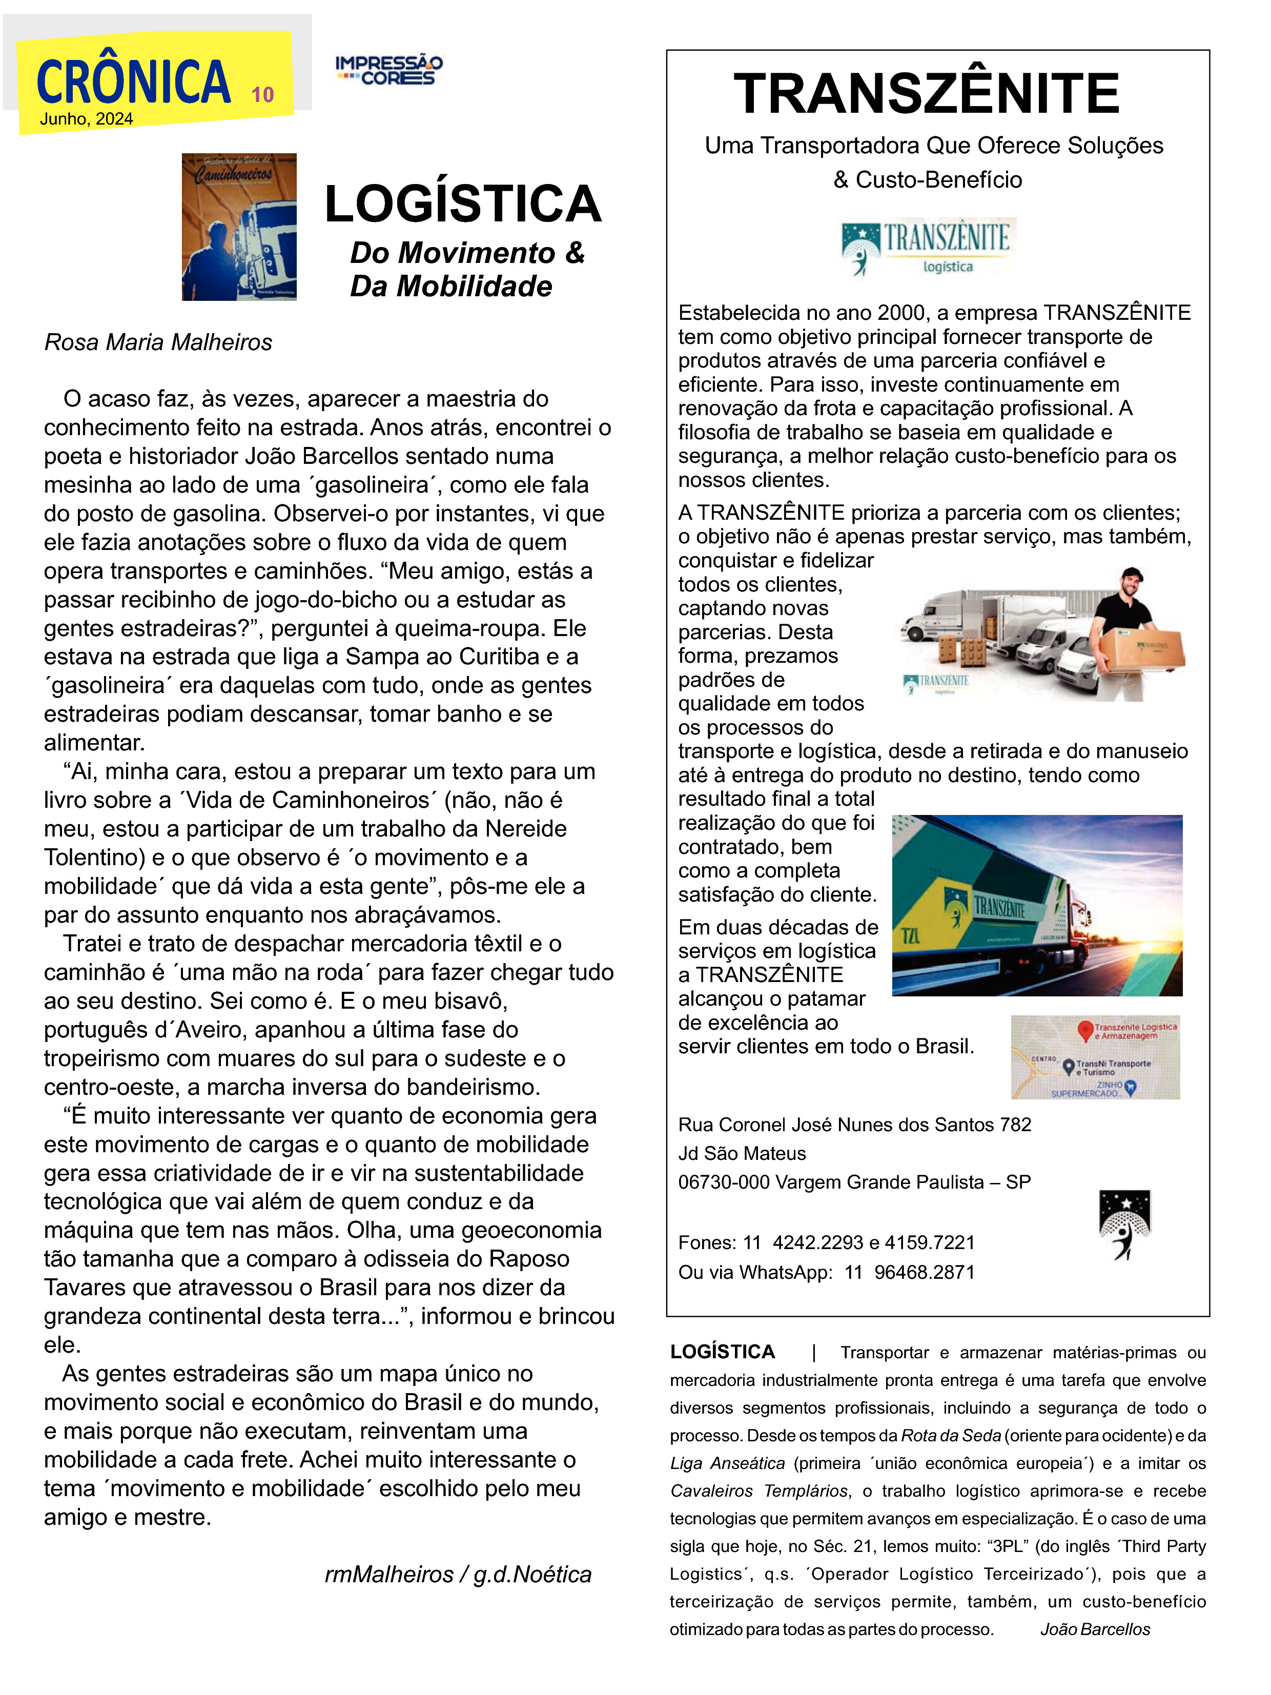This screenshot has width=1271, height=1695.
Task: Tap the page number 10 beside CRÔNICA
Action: pos(262,95)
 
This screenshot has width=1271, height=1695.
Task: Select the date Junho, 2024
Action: pos(87,119)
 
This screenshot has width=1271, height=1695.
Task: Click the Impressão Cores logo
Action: pos(388,70)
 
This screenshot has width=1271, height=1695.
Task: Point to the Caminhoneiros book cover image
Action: pos(238,227)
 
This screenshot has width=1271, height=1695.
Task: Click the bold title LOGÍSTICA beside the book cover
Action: pos(463,205)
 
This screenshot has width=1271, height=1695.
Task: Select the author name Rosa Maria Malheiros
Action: pos(158,342)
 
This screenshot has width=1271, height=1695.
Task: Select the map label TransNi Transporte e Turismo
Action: pos(1113,1068)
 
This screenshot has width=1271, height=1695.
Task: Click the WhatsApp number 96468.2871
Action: pos(924,1273)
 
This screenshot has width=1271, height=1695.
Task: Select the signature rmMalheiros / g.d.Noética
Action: pos(457,1574)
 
